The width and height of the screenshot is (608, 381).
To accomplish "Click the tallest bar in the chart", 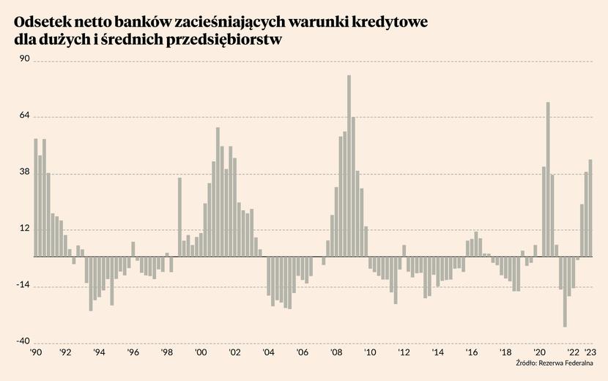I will (349, 166).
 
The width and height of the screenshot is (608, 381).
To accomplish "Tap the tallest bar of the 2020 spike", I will (548, 180).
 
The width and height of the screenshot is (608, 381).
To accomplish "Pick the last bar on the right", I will (590, 208).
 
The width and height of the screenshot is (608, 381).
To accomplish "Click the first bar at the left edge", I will (35, 198).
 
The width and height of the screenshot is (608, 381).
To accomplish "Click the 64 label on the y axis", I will (24, 116).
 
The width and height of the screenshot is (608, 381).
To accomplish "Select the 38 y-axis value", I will (24, 172).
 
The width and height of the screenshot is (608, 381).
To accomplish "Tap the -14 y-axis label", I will (23, 285).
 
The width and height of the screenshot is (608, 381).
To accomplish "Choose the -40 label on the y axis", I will (23, 341).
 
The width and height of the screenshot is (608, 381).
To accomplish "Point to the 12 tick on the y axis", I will (24, 229).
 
